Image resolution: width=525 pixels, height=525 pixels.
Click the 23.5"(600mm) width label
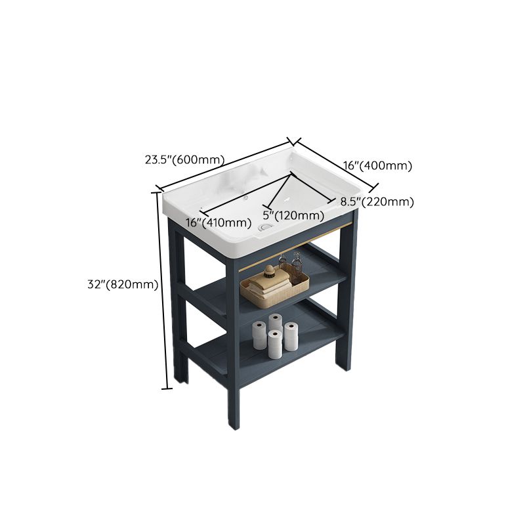(184, 159)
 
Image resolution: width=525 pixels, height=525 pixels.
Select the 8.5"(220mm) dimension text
(377, 201)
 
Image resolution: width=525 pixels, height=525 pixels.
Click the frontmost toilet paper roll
(275, 344)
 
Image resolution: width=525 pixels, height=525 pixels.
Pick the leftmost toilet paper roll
(260, 336)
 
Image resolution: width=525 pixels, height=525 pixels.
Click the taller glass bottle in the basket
(297, 266)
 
